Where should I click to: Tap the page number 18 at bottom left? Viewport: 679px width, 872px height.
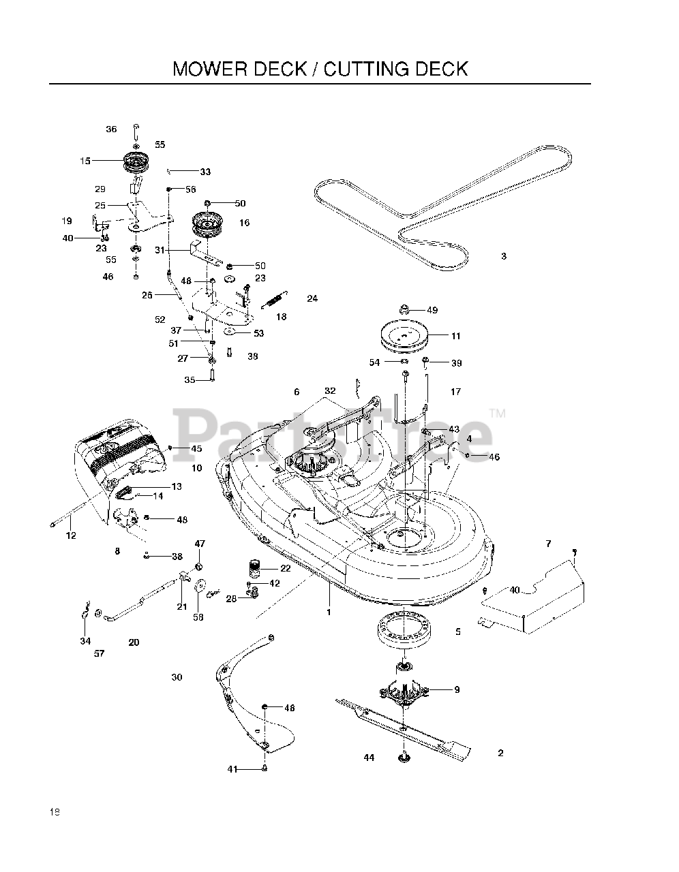[55, 812]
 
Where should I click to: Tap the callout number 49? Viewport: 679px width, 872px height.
[432, 310]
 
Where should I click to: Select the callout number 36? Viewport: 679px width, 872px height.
[111, 129]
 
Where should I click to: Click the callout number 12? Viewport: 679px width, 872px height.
[71, 536]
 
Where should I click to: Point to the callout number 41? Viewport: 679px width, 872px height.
[232, 769]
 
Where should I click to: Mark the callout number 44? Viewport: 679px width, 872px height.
[369, 758]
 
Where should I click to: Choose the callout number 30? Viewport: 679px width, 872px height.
[177, 677]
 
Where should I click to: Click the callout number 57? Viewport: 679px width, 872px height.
[100, 654]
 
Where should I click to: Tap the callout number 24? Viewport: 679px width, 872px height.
[312, 298]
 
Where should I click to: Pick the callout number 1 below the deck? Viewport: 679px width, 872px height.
[329, 612]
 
